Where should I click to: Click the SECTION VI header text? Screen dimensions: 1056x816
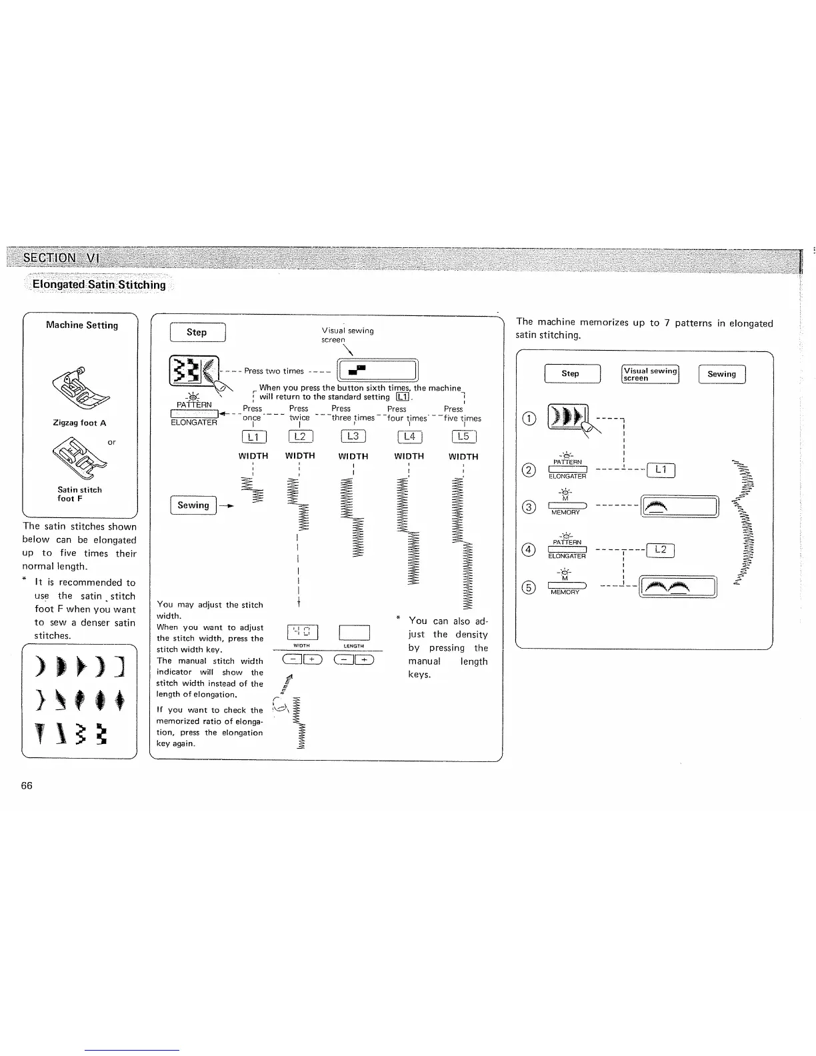pos(61,257)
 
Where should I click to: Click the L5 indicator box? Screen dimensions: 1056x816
pos(463,437)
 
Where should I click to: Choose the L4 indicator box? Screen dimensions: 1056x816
pos(409,437)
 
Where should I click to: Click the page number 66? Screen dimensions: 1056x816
pos(27,785)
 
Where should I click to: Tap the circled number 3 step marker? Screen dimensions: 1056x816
pos(529,507)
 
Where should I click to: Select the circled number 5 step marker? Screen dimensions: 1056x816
pos(529,587)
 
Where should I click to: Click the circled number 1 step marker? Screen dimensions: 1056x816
pos(529,419)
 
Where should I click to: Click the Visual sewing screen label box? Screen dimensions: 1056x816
pos(650,374)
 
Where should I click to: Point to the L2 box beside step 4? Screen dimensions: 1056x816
pos(661,550)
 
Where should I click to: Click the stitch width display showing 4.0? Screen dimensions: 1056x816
pos(301,632)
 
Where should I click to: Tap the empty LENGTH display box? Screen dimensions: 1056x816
pos(354,632)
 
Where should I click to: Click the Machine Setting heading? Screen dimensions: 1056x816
pos(82,325)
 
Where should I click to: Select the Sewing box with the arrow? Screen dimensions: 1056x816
pos(193,505)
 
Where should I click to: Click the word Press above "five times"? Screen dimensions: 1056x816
pos(453,409)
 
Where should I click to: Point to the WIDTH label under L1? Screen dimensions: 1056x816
pos(253,457)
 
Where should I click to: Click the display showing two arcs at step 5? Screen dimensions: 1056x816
pos(678,587)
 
